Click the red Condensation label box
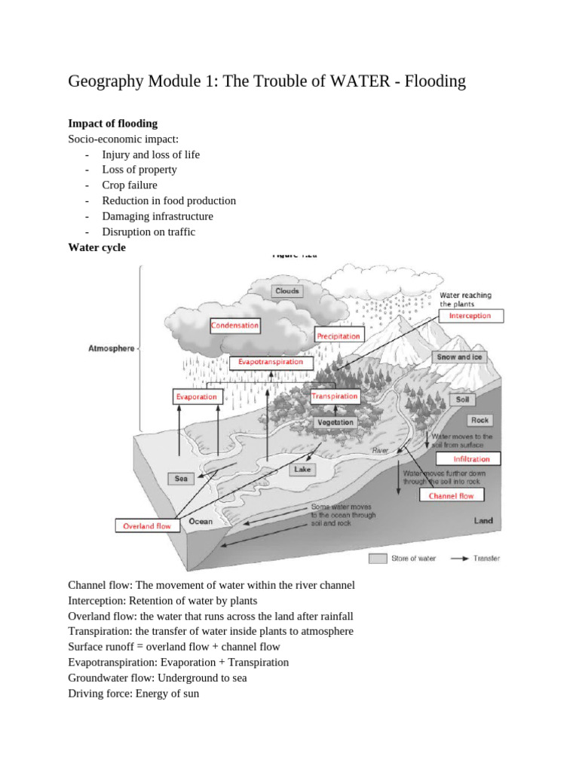(x=235, y=326)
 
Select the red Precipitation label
(x=339, y=334)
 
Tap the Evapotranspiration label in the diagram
(x=271, y=362)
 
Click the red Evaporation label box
(x=197, y=397)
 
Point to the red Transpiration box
(x=335, y=396)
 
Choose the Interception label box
(x=470, y=316)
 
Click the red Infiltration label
(x=471, y=458)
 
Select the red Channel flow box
(x=452, y=496)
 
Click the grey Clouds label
(x=287, y=290)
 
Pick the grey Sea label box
(x=181, y=478)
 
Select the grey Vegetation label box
(x=335, y=422)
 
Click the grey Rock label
(x=479, y=420)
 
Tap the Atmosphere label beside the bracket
(x=111, y=348)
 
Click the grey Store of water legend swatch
(x=378, y=559)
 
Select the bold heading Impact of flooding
(x=112, y=124)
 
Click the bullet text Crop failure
(x=130, y=185)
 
